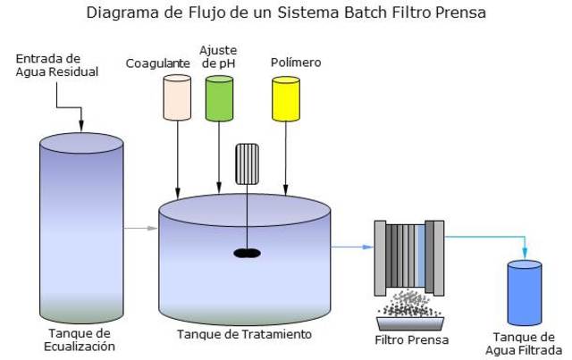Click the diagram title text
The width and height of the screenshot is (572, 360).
pos(286,13)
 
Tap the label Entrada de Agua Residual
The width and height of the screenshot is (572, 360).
pos(49,65)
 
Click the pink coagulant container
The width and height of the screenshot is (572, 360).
pos(176,97)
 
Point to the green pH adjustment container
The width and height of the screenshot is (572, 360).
pos(219,97)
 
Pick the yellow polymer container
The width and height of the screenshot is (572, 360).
pos(285,97)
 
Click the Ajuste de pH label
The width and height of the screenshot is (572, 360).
pos(218,55)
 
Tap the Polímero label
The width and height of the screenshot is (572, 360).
pos(296,63)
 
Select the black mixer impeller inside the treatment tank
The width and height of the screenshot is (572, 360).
pos(247,253)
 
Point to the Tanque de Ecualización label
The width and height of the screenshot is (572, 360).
pos(80,339)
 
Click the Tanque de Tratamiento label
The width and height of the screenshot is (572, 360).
pos(244,334)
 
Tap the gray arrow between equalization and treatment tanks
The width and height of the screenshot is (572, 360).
pos(139,230)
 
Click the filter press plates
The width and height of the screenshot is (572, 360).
pos(409,255)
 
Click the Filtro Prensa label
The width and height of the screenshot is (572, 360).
pos(411,340)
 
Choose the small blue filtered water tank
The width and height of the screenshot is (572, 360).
pos(524,292)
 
